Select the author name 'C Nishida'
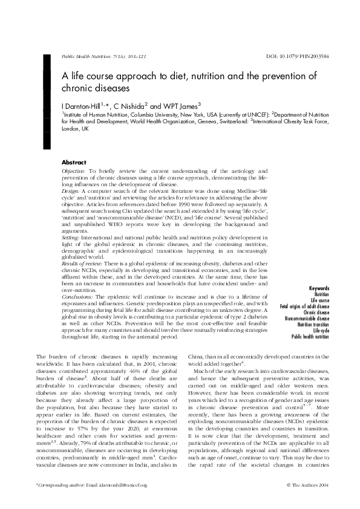point(129,105)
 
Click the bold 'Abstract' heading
point(74,163)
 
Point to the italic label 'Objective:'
point(74,171)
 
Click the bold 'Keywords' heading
point(319,288)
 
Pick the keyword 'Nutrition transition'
point(313,325)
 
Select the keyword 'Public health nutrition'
point(310,337)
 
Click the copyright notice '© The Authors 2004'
point(307,485)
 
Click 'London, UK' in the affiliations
point(76,129)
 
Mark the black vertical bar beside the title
point(46,100)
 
